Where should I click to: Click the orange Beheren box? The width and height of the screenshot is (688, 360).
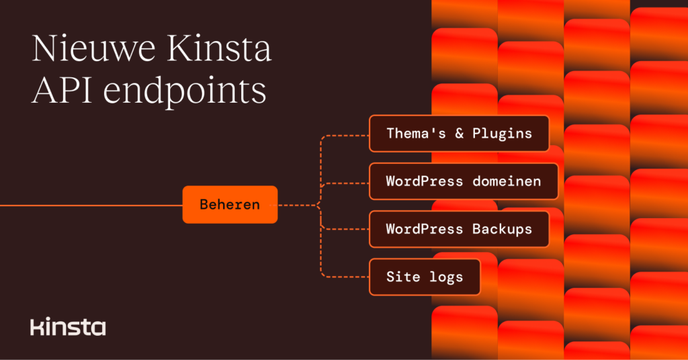pyautogui.click(x=230, y=204)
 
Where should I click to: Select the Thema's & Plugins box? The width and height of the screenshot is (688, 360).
pyautogui.click(x=459, y=133)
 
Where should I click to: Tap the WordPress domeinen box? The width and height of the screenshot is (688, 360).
pyautogui.click(x=464, y=181)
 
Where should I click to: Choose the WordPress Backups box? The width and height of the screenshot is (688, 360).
pyautogui.click(x=459, y=229)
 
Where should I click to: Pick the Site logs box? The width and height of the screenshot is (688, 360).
pyautogui.click(x=425, y=277)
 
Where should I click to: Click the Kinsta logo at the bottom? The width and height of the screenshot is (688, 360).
pyautogui.click(x=68, y=327)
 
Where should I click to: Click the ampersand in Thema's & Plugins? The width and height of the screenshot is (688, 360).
pyautogui.click(x=460, y=133)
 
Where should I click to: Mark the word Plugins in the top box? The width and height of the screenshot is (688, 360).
pyautogui.click(x=502, y=133)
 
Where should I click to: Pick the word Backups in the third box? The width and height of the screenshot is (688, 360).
pyautogui.click(x=502, y=229)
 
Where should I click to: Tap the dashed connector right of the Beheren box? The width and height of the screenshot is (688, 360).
pyautogui.click(x=296, y=204)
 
